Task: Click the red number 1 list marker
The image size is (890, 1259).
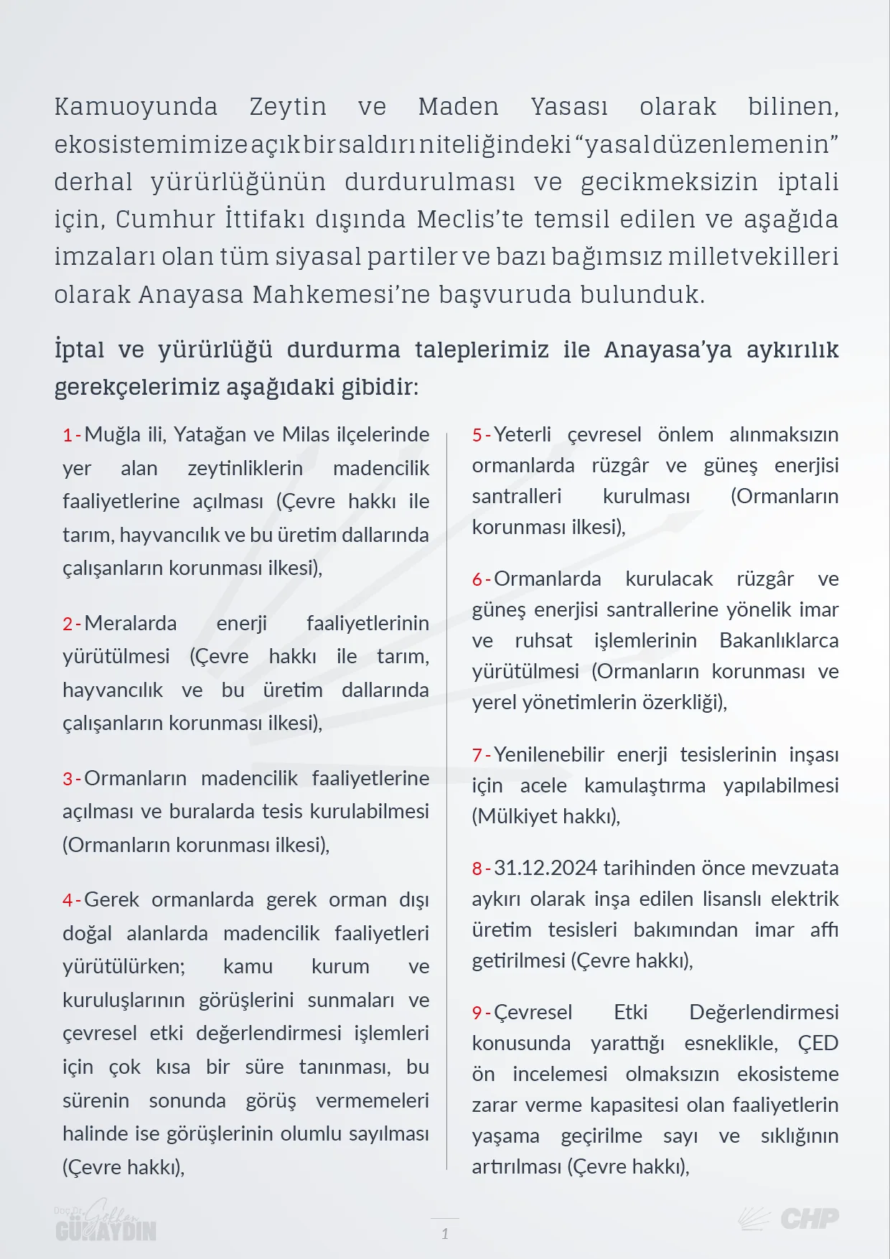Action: point(68,435)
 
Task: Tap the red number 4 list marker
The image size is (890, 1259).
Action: point(68,900)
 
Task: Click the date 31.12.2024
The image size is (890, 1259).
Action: point(545,868)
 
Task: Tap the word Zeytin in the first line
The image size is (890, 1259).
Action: point(288,107)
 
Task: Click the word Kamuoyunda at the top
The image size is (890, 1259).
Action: point(136,107)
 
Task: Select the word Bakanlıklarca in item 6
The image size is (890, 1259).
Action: point(779,640)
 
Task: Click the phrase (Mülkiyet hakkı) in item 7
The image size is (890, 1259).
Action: point(545,816)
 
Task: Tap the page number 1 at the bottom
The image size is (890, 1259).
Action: point(445,1234)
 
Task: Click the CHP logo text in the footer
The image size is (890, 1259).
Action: point(809,1218)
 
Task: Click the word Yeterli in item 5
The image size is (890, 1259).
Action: point(523,434)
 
